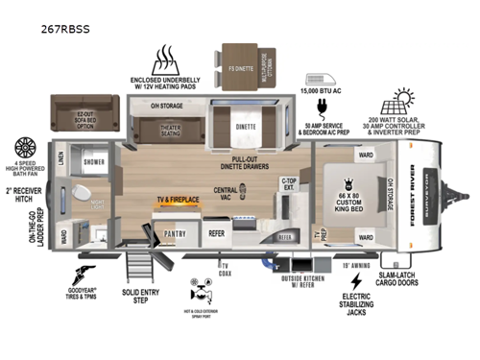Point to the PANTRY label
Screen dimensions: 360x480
click(x=175, y=233)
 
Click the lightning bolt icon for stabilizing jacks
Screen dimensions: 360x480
click(x=356, y=281)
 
